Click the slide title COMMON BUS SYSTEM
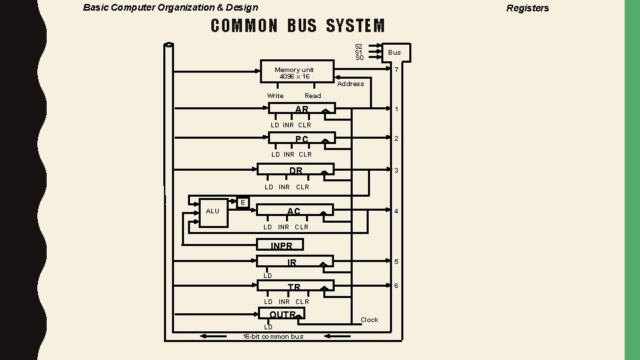coord(298,26)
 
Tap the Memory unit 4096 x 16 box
coord(294,73)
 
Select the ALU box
coord(213,211)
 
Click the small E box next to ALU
coord(243,202)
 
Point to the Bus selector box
coord(395,53)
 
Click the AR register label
coord(302,109)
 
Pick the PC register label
coord(302,139)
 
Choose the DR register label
coord(296,171)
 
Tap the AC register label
coord(294,211)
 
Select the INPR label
coord(281,246)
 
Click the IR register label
coord(292,263)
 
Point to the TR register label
coord(294,287)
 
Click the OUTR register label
coord(282,315)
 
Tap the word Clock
coord(369,320)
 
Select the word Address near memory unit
coord(351,84)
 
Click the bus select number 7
coord(396,71)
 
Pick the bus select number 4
coord(396,212)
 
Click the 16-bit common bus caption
coord(273,337)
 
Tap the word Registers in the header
coord(527,8)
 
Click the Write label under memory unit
coord(275,96)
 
